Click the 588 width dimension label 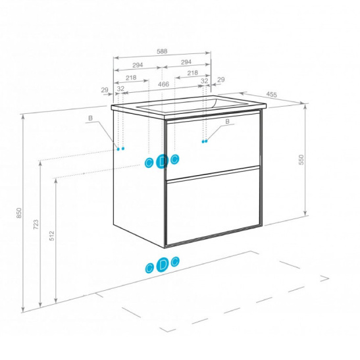point(162,51)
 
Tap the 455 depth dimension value point(272,94)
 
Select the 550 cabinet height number point(301,160)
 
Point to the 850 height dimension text point(19,213)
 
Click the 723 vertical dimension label point(36,224)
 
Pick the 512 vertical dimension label point(52,236)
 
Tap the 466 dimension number point(163,84)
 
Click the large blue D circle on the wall point(162,162)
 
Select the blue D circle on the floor point(163,265)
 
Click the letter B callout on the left point(90,118)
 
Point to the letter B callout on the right point(227,122)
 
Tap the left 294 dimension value point(138,65)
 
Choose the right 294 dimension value point(186,62)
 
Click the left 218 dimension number point(131,78)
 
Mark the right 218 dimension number point(192,73)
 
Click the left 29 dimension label point(105,90)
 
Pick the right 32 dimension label point(204,81)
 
